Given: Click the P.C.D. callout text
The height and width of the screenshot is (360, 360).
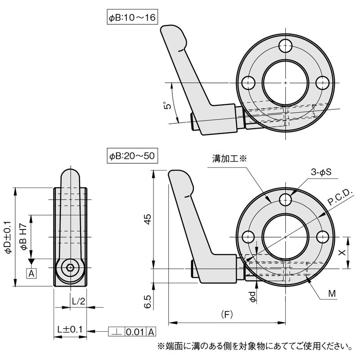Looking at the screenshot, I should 341,198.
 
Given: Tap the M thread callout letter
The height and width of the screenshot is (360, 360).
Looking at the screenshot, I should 332,295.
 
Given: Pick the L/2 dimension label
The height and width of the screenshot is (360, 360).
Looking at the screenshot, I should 78,301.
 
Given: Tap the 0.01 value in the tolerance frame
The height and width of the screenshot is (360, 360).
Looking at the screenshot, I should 135,333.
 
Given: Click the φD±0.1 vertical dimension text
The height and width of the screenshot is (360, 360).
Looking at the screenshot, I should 9,237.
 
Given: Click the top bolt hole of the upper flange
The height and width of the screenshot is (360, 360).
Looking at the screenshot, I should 285,45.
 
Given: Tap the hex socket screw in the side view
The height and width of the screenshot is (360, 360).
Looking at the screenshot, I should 70,268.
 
